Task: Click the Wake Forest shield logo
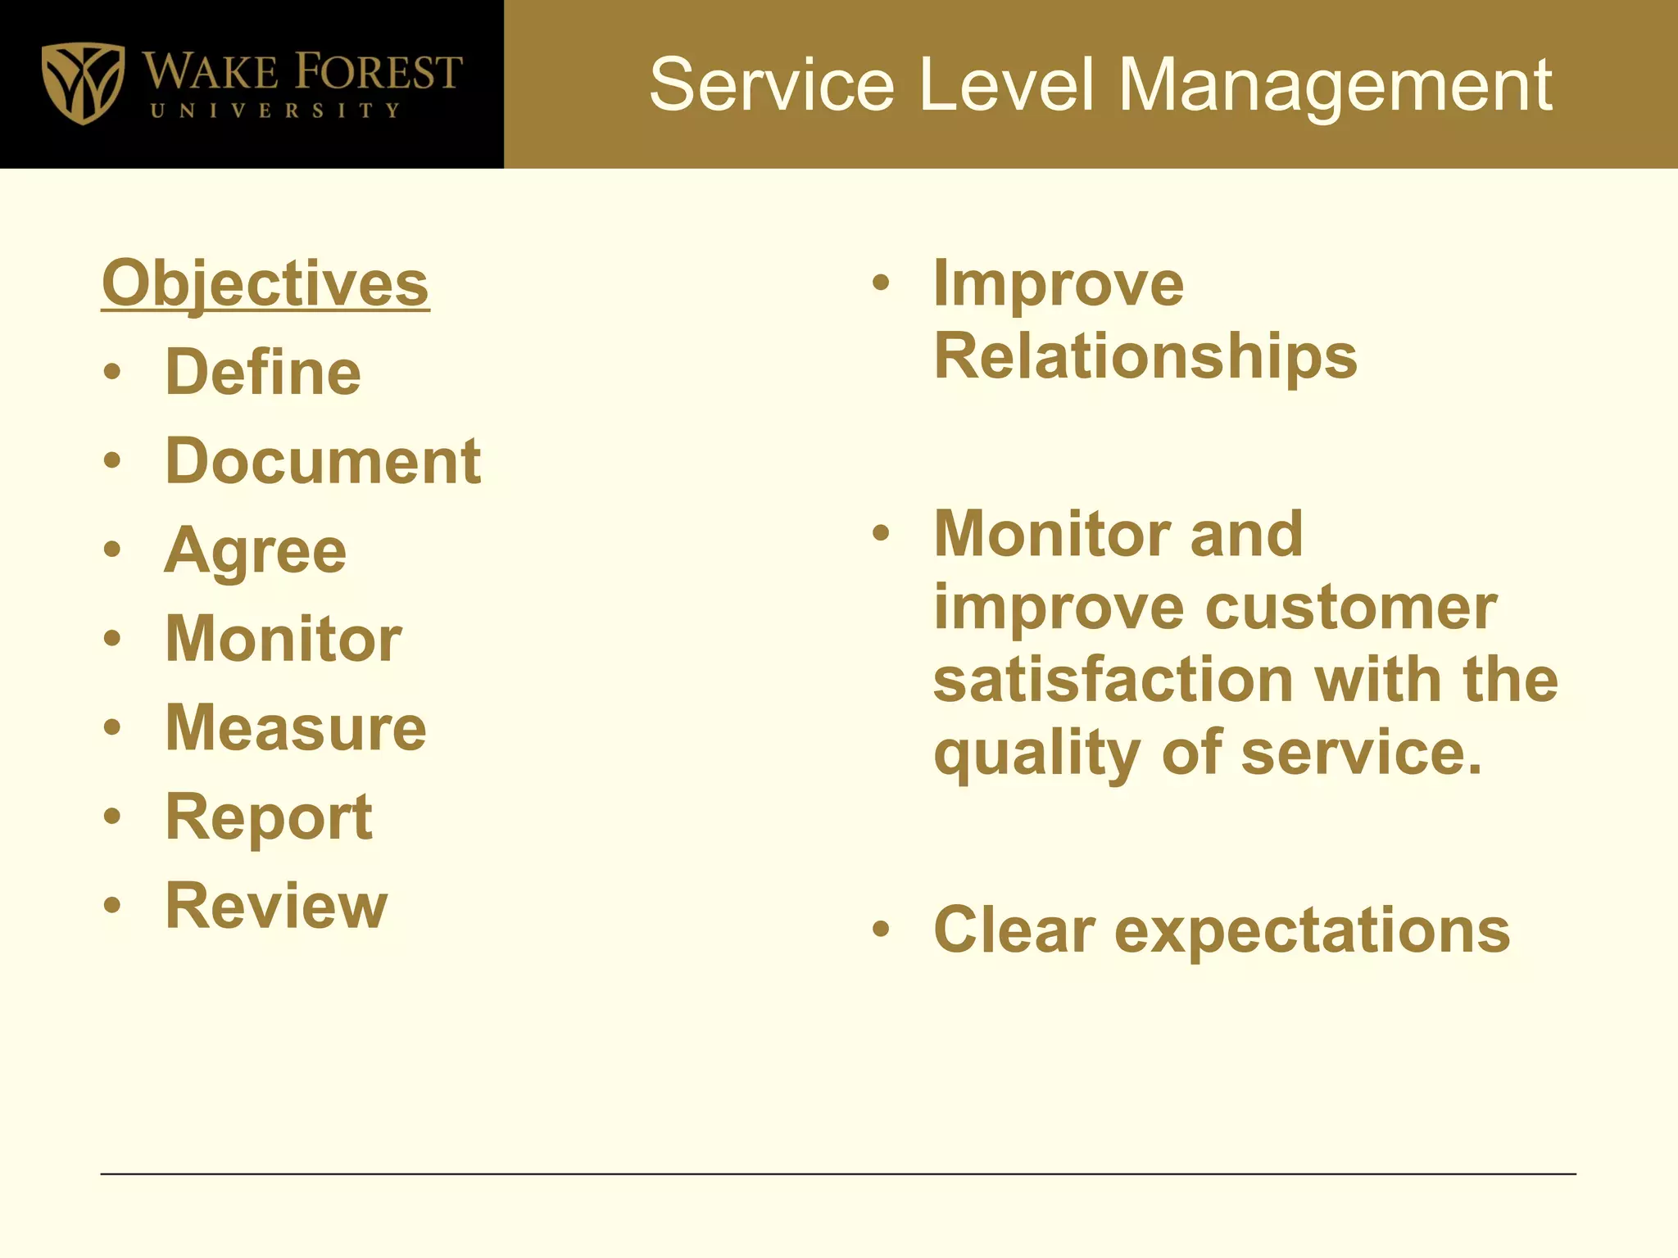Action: click(83, 83)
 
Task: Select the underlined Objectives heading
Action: click(265, 283)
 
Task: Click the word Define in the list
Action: click(263, 372)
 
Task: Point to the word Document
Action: click(323, 460)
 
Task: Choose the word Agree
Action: click(256, 550)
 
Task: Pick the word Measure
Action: click(296, 727)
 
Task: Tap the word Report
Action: click(269, 817)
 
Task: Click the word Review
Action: click(276, 906)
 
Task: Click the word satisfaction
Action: click(1113, 680)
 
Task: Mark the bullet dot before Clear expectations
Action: click(881, 930)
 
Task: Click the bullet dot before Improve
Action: click(881, 283)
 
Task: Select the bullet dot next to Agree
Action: click(112, 550)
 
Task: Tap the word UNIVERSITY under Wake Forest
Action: click(275, 111)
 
